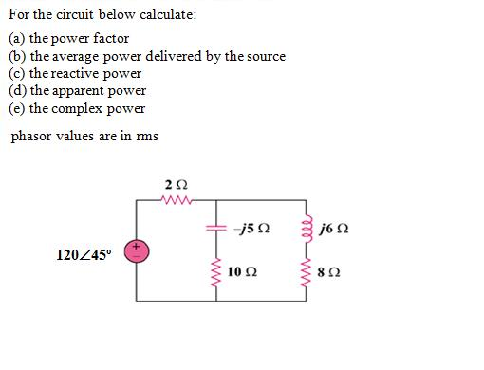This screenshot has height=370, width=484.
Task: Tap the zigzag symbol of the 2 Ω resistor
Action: point(177,199)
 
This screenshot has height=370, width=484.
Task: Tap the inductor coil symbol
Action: point(305,229)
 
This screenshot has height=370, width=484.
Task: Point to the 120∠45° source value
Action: point(84,254)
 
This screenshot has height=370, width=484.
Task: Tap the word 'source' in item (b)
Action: point(264,56)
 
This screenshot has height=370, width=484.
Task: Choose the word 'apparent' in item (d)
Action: point(83,91)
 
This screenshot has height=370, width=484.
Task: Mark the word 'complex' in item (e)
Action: point(81,108)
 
